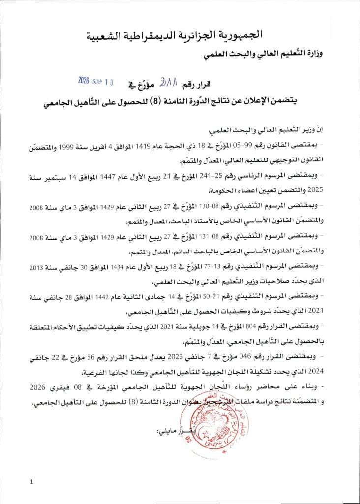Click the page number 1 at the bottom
click(x=31, y=482)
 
